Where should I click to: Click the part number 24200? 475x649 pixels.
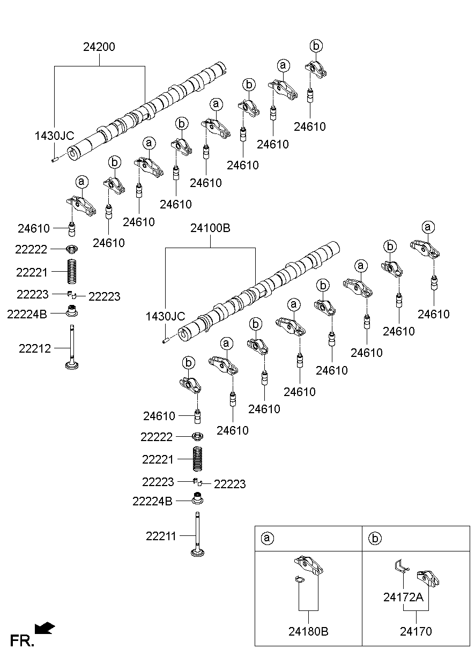[99, 47]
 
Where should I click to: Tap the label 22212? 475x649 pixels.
[35, 349]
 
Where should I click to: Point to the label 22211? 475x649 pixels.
[161, 535]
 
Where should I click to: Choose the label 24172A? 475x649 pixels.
[404, 597]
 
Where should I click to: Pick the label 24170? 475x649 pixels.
[415, 632]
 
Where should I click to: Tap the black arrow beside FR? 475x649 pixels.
[44, 628]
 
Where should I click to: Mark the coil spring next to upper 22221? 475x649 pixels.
[71, 272]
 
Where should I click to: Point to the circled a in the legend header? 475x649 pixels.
[266, 538]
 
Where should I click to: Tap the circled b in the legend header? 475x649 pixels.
[374, 538]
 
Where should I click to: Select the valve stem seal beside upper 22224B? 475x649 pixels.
[71, 311]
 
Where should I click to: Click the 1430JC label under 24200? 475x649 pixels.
[54, 136]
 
